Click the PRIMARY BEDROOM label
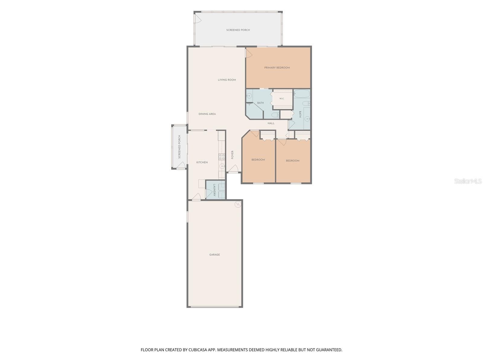click(x=277, y=68)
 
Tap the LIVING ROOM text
click(x=227, y=80)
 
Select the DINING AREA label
click(x=207, y=114)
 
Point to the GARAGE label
click(x=214, y=255)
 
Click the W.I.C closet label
click(x=282, y=99)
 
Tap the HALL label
click(x=271, y=123)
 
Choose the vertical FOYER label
click(x=232, y=155)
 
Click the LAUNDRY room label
click(x=214, y=190)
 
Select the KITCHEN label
click(x=202, y=162)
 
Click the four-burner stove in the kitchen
click(x=222, y=157)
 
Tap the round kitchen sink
click(x=222, y=166)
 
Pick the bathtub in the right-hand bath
click(x=302, y=94)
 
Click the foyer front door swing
click(x=233, y=169)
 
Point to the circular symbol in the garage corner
click(x=238, y=205)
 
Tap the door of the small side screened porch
click(x=182, y=165)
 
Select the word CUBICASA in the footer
click(x=198, y=350)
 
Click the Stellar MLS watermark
click(x=468, y=181)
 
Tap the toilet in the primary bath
click(x=275, y=115)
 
